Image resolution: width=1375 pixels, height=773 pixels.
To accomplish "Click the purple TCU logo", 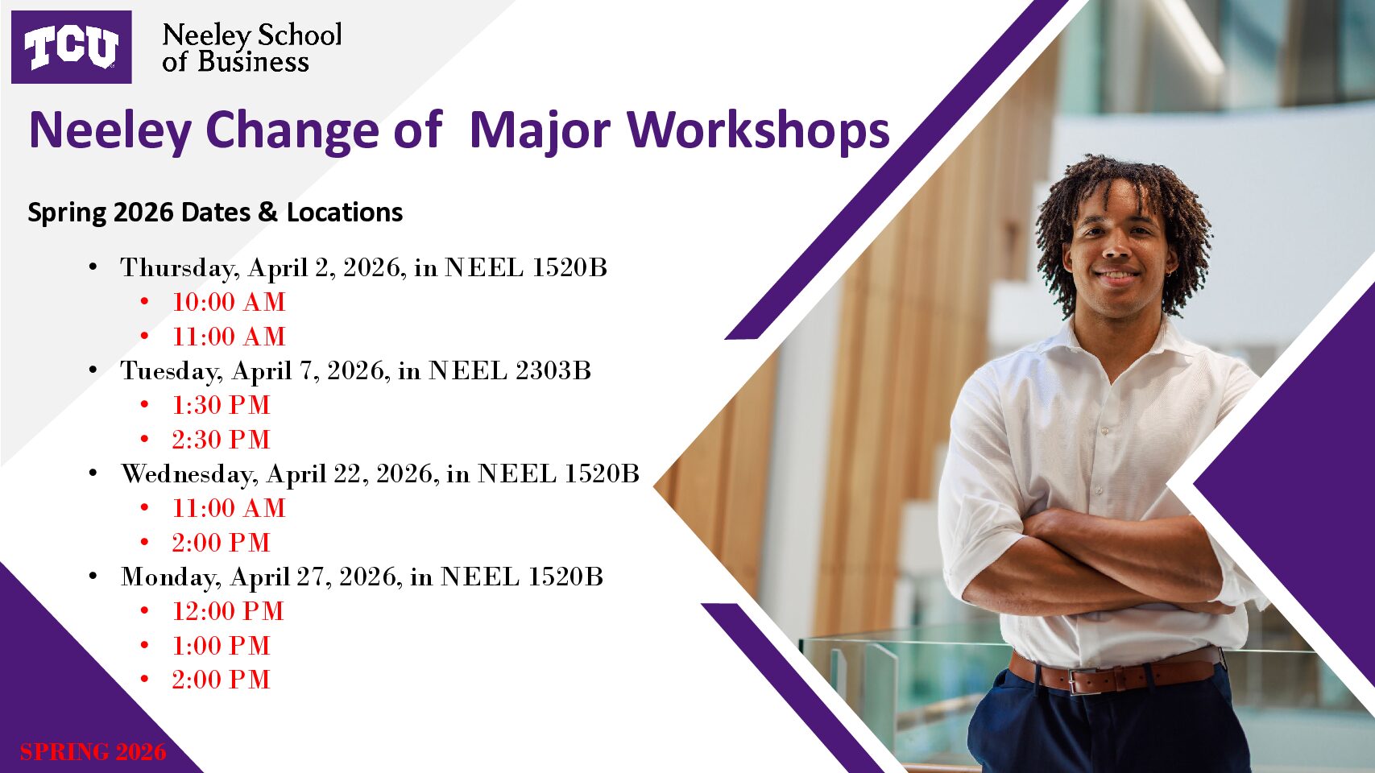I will tap(71, 47).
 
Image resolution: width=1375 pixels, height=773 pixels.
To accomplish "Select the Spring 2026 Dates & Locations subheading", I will tap(215, 213).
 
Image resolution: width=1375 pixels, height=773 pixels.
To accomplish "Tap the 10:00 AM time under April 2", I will tap(229, 302).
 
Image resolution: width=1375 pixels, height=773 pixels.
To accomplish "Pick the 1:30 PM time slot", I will tap(221, 405).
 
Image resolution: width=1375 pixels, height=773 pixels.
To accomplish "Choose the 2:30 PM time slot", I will tap(221, 440).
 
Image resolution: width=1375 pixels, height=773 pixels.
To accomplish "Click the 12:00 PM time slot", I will tap(228, 611).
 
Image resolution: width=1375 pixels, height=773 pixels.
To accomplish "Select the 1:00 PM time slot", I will tap(221, 646).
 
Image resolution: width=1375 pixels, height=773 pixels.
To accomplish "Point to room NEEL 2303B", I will tap(510, 370).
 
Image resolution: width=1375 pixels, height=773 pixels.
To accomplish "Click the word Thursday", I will tap(180, 267).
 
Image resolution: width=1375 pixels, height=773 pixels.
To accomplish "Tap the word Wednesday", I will tap(189, 473).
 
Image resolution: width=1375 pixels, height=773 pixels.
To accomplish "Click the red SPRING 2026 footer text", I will tap(93, 752).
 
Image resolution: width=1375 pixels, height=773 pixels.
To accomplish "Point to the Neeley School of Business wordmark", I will tap(251, 48).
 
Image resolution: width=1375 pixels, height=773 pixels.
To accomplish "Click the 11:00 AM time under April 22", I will tap(229, 508).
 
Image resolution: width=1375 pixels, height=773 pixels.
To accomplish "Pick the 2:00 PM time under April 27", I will tap(221, 680).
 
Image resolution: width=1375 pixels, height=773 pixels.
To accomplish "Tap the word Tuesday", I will tap(172, 370).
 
